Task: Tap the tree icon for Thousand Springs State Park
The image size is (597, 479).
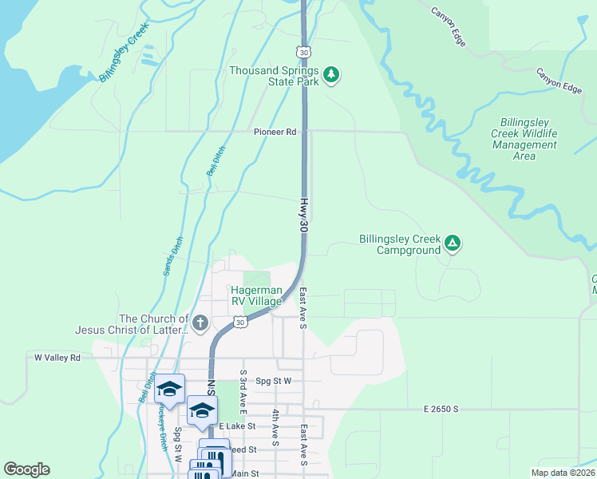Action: tap(332, 76)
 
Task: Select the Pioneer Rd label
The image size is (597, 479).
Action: tap(275, 132)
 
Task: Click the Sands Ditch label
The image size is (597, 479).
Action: tap(173, 256)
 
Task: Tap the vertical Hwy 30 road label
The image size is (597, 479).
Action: tap(304, 216)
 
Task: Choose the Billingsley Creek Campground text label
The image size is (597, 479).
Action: tap(399, 244)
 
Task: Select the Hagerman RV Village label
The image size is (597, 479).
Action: tap(256, 296)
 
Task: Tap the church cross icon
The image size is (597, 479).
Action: tap(200, 323)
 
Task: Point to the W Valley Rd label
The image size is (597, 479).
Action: tap(57, 358)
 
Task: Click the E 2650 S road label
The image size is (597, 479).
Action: tap(441, 409)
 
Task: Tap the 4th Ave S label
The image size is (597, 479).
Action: tap(275, 427)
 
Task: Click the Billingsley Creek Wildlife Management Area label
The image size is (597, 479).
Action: tap(524, 139)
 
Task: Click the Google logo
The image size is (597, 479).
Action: tap(27, 469)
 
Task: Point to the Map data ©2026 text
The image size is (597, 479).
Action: tap(563, 473)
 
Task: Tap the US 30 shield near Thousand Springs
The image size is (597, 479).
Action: tap(304, 52)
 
